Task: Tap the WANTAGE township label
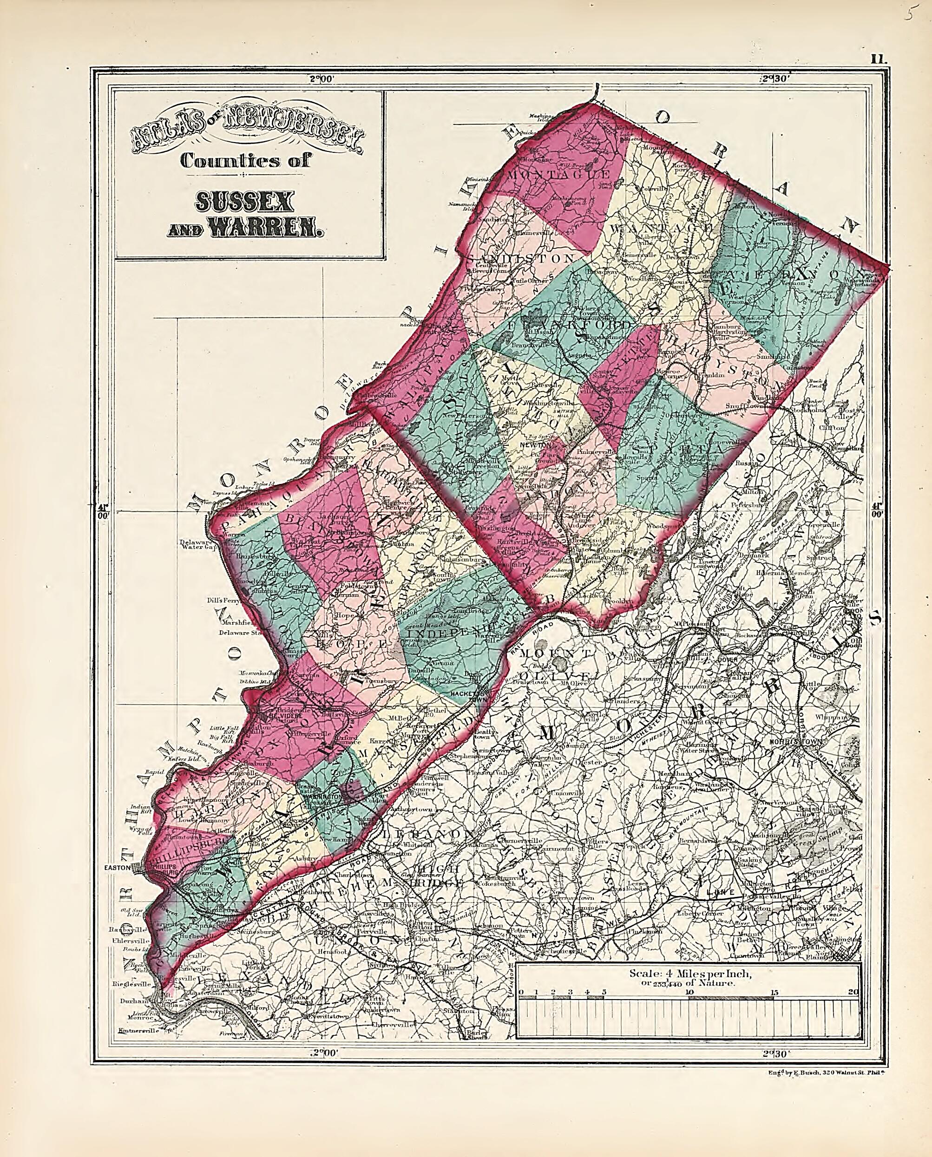(660, 229)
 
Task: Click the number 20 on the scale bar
(853, 992)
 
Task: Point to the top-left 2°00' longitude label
(322, 78)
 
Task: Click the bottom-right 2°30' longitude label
(775, 1054)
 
